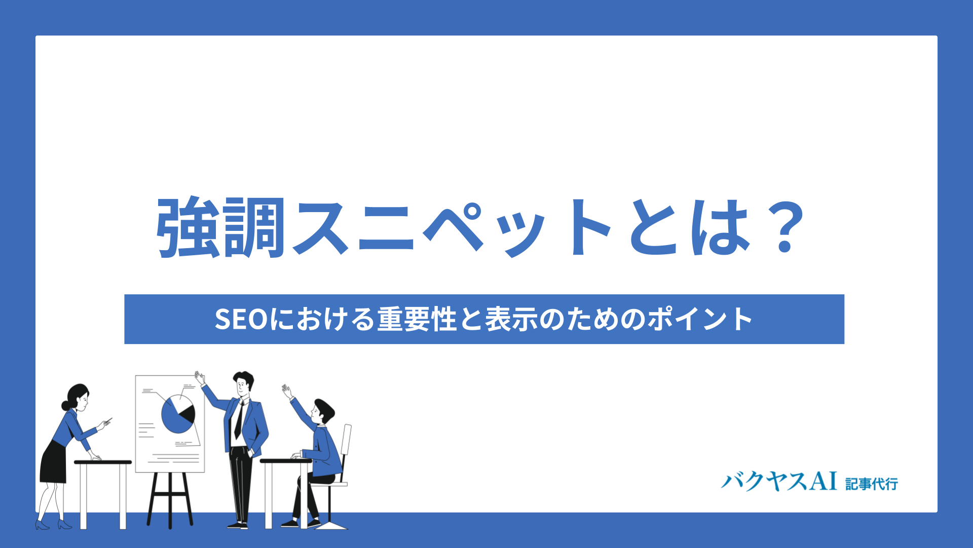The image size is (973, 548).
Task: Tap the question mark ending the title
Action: coord(784,227)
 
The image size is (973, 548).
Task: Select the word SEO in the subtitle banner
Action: coord(241,319)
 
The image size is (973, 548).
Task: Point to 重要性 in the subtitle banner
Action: coord(417,319)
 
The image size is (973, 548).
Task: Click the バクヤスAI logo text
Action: coord(779,481)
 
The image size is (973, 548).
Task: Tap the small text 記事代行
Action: coord(872,484)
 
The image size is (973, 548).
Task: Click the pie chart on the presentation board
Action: coord(178,414)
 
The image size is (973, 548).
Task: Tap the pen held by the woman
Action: coord(107,420)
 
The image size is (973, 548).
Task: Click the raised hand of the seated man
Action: coord(287,391)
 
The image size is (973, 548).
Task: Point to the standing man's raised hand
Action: coord(200,378)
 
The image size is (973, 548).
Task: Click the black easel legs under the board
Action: coord(170,499)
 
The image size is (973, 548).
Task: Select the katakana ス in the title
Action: coord(320,227)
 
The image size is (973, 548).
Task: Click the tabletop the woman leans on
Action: coord(103,462)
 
